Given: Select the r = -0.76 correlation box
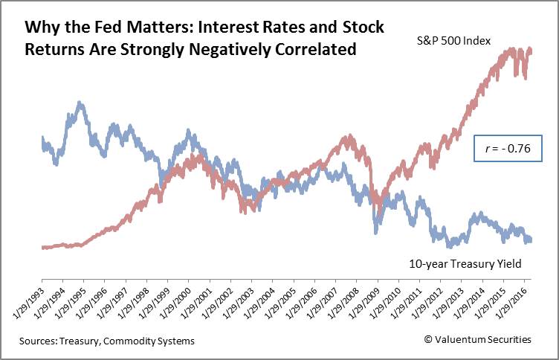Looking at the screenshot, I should pos(509,148).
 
